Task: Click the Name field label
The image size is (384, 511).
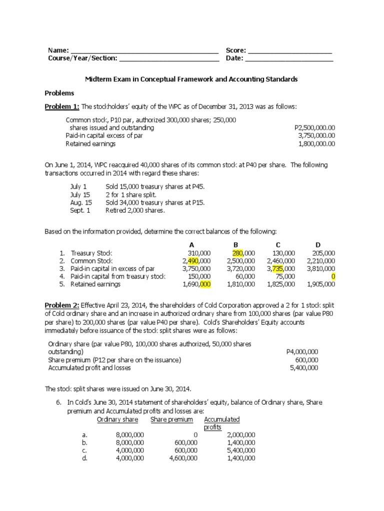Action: pos(57,50)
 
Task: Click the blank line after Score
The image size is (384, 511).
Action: pos(290,51)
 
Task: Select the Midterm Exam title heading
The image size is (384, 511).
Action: pos(191,79)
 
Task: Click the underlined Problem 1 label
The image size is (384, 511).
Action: pos(62,107)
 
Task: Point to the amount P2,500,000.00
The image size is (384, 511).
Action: pos(315,128)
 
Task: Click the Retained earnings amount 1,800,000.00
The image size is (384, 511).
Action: pos(316,144)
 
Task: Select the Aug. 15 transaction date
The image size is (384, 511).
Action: pos(81,203)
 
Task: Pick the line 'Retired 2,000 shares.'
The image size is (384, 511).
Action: pos(135,211)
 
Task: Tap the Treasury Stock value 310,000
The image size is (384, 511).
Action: pos(198,253)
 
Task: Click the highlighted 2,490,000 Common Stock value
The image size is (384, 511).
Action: pos(197,261)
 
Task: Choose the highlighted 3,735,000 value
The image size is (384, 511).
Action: pos(281,268)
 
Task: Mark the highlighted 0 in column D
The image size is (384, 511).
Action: pos(333,276)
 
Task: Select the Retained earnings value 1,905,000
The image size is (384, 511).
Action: pos(321,284)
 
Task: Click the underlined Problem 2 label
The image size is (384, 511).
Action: pos(62,305)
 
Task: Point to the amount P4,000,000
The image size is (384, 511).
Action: pos(302,352)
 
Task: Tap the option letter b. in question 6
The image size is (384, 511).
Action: pos(85,443)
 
